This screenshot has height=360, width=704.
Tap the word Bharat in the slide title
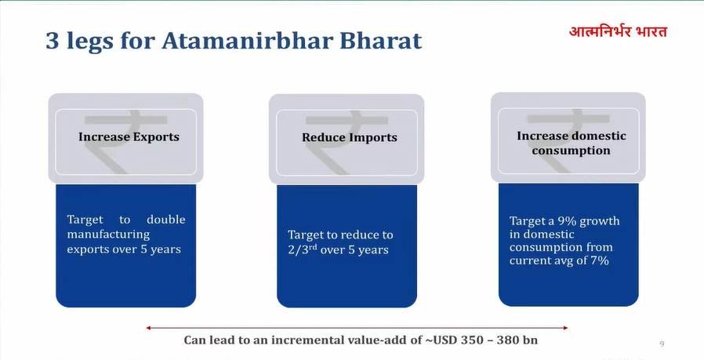[x=380, y=41]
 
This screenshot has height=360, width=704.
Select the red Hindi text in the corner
[x=618, y=32]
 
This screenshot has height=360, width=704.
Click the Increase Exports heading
[x=129, y=136]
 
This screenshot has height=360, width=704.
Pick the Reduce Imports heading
[x=350, y=137]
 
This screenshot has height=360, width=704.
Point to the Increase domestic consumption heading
[x=571, y=143]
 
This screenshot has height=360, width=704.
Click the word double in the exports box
[x=166, y=220]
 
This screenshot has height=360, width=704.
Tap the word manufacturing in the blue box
[x=108, y=235]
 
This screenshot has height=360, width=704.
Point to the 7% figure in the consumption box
[x=600, y=260]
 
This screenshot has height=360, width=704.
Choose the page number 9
[x=662, y=344]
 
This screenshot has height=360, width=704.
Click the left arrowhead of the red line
[x=147, y=328]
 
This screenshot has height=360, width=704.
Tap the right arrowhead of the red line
[x=566, y=328]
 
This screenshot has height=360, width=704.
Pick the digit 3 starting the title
[x=53, y=41]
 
